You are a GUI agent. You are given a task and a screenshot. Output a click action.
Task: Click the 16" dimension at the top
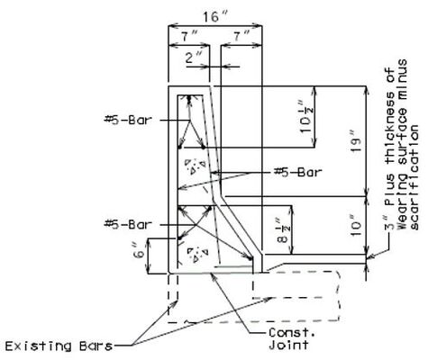pos(214,17)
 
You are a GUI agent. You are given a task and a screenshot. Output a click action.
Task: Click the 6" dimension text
pos(140,255)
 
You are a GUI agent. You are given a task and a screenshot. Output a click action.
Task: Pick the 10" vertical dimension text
pos(356,225)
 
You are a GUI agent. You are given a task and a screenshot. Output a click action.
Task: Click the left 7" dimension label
pos(188,37)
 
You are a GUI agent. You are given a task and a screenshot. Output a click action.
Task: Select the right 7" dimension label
pos(241,37)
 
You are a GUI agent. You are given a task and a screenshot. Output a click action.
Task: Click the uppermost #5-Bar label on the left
pos(128,121)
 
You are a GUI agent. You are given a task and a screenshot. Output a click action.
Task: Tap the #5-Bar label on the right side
pos(298,172)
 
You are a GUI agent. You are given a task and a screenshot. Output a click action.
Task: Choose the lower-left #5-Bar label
pos(128,224)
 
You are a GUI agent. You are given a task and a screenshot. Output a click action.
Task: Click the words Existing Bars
pos(59,346)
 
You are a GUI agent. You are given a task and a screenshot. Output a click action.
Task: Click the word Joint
pos(288,345)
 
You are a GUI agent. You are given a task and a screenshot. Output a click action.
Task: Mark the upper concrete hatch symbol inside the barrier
pos(195,166)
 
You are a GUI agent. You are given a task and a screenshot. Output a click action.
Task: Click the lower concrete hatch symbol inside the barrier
pos(197,254)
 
